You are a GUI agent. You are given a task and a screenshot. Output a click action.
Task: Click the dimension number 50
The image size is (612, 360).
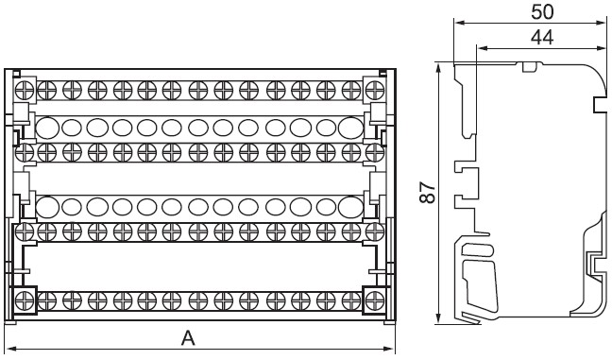click(542, 12)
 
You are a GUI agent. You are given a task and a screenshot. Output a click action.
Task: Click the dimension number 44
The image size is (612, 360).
click(542, 38)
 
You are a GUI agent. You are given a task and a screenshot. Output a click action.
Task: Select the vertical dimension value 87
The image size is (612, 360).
click(428, 192)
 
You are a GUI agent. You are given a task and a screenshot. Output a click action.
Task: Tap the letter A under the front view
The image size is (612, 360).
click(188, 338)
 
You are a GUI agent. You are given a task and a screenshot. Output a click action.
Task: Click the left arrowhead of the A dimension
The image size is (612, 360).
click(11, 349)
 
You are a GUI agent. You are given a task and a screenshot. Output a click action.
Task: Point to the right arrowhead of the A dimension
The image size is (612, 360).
click(389, 349)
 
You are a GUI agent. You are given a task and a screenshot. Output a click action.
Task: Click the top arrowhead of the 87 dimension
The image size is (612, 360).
click(439, 67)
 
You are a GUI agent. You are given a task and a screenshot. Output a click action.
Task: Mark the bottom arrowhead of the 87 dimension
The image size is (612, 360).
click(439, 317)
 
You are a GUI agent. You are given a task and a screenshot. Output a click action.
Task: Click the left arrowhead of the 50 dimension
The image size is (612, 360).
click(460, 23)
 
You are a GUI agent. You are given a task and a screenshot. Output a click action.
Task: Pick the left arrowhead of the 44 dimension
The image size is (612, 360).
click(484, 48)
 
